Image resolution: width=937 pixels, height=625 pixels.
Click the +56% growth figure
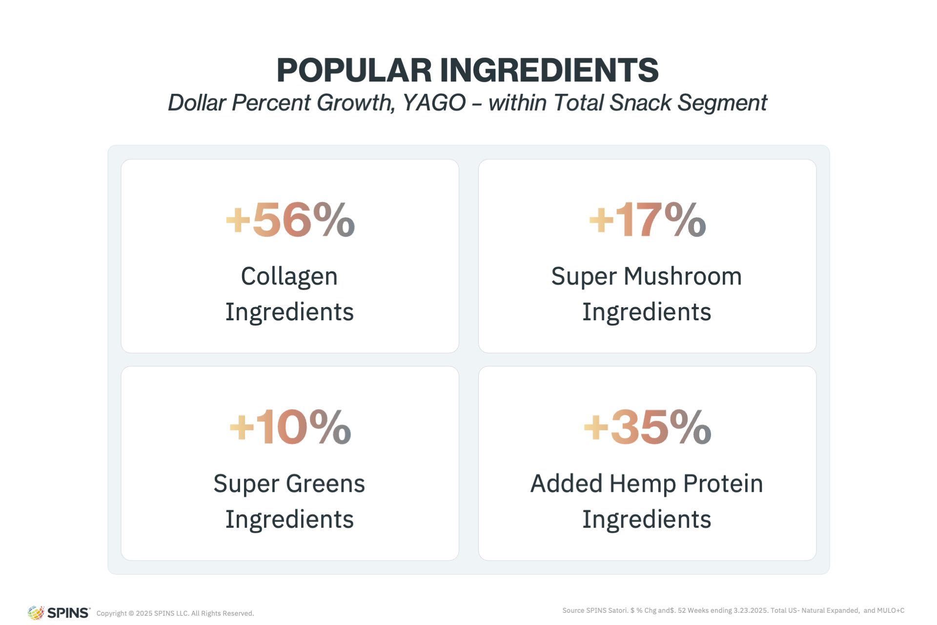point(290,220)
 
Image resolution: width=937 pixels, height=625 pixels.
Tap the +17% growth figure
point(648,220)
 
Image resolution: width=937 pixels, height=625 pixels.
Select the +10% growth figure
point(290,427)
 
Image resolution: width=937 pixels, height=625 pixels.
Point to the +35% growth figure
point(648,427)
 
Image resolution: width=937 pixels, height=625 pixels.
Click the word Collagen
point(289,277)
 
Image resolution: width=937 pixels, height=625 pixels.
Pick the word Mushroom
point(683,276)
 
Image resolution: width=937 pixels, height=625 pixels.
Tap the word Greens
point(325,483)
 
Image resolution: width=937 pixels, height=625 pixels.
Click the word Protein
point(723,483)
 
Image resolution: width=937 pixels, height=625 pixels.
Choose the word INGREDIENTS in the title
point(550,70)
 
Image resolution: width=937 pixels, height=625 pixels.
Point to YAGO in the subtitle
point(434,103)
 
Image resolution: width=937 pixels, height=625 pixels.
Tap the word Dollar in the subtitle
point(197,103)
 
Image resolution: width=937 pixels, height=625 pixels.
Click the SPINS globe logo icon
point(36,613)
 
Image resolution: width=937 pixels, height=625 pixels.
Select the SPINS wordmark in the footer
point(69,613)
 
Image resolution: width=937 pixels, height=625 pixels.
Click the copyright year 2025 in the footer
point(144,613)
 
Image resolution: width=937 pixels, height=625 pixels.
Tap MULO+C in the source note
point(891,610)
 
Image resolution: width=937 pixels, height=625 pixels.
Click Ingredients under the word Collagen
point(289,312)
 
